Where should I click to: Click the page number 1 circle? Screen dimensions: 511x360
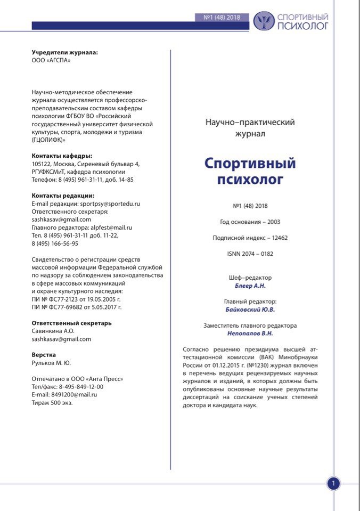tap(333, 484)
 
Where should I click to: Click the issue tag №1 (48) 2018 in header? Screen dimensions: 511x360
tap(222, 17)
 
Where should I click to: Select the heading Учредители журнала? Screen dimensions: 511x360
tap(64, 52)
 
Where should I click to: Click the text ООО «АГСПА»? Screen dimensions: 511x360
tap(51, 60)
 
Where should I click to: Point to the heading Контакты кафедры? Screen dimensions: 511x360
tap(62, 156)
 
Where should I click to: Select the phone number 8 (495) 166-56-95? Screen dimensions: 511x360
tap(55, 244)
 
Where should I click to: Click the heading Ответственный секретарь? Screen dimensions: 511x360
tap(71, 323)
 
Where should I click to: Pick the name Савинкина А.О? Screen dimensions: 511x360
tap(53, 331)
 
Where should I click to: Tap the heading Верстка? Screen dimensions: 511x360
tap(44, 355)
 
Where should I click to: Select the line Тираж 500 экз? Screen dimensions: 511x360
tap(52, 403)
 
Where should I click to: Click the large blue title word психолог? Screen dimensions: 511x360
tap(250, 180)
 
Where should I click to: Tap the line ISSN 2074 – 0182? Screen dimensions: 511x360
tap(250, 254)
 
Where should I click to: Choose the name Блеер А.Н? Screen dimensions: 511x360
tap(250, 286)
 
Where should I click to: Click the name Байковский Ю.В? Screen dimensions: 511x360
tap(250, 310)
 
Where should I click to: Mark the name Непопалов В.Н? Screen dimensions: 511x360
tap(250, 334)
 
